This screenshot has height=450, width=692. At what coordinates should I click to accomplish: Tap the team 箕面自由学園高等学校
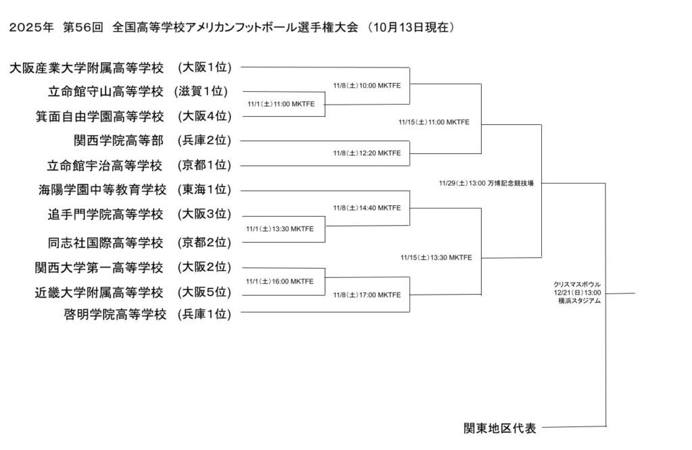[99, 116]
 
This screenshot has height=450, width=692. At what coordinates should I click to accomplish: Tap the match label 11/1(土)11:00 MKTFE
[280, 104]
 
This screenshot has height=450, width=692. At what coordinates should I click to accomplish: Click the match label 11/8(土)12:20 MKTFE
[367, 153]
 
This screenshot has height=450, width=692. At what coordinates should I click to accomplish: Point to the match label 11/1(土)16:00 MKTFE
[280, 281]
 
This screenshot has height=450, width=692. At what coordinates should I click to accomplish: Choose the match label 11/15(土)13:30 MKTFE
[436, 257]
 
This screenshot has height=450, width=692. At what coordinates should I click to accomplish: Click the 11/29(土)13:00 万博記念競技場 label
[486, 183]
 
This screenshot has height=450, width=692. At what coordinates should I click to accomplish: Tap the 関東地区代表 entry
[499, 428]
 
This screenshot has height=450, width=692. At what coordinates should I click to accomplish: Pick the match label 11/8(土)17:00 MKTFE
[367, 295]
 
